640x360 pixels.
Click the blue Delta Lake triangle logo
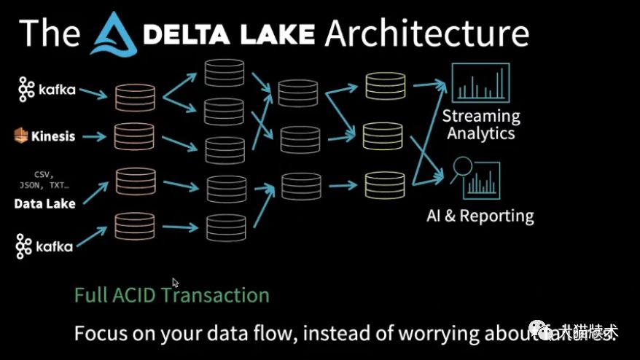point(115,34)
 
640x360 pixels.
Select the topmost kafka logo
point(47,90)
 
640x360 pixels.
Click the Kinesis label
point(44,136)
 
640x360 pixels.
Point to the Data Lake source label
point(44,204)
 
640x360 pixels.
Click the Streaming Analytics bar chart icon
point(480,83)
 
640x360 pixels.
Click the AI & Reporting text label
point(480,216)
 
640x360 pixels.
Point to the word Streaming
point(481,116)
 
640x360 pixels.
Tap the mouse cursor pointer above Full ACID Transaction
point(176,282)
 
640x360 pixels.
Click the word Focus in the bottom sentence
point(100,334)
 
